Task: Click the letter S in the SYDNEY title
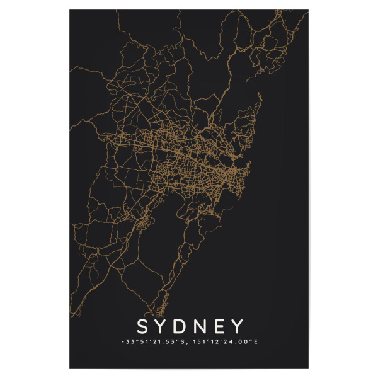click(x=142, y=326)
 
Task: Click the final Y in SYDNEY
click(x=237, y=326)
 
